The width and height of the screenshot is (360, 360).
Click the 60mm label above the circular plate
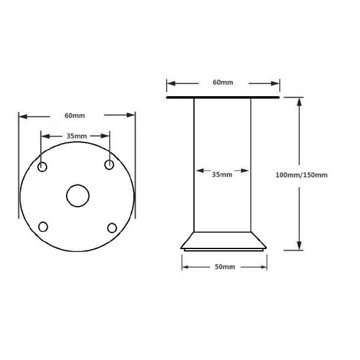77,115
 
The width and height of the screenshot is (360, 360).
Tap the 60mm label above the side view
222,83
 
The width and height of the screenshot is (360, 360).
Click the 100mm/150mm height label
302,174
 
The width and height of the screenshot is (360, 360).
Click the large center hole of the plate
77,196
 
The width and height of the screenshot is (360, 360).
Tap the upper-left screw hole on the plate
43,168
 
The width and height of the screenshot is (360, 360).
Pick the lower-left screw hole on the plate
43,226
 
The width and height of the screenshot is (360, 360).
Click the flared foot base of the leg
224,243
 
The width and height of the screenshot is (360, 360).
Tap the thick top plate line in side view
222,97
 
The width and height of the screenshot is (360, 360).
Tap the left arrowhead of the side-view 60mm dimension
170,83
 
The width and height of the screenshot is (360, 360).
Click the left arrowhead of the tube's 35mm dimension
198,174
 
